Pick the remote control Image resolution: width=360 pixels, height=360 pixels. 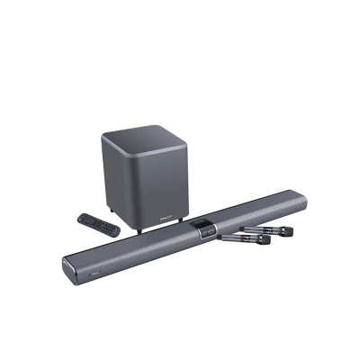coord(98,224)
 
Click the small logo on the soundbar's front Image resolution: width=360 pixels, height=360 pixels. coord(94,266)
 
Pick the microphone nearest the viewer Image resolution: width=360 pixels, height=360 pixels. coord(242,240)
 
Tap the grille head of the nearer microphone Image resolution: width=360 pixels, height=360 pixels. coord(265,239)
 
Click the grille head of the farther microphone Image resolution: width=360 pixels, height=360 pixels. coord(285,231)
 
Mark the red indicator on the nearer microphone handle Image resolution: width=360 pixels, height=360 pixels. coord(235,240)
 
